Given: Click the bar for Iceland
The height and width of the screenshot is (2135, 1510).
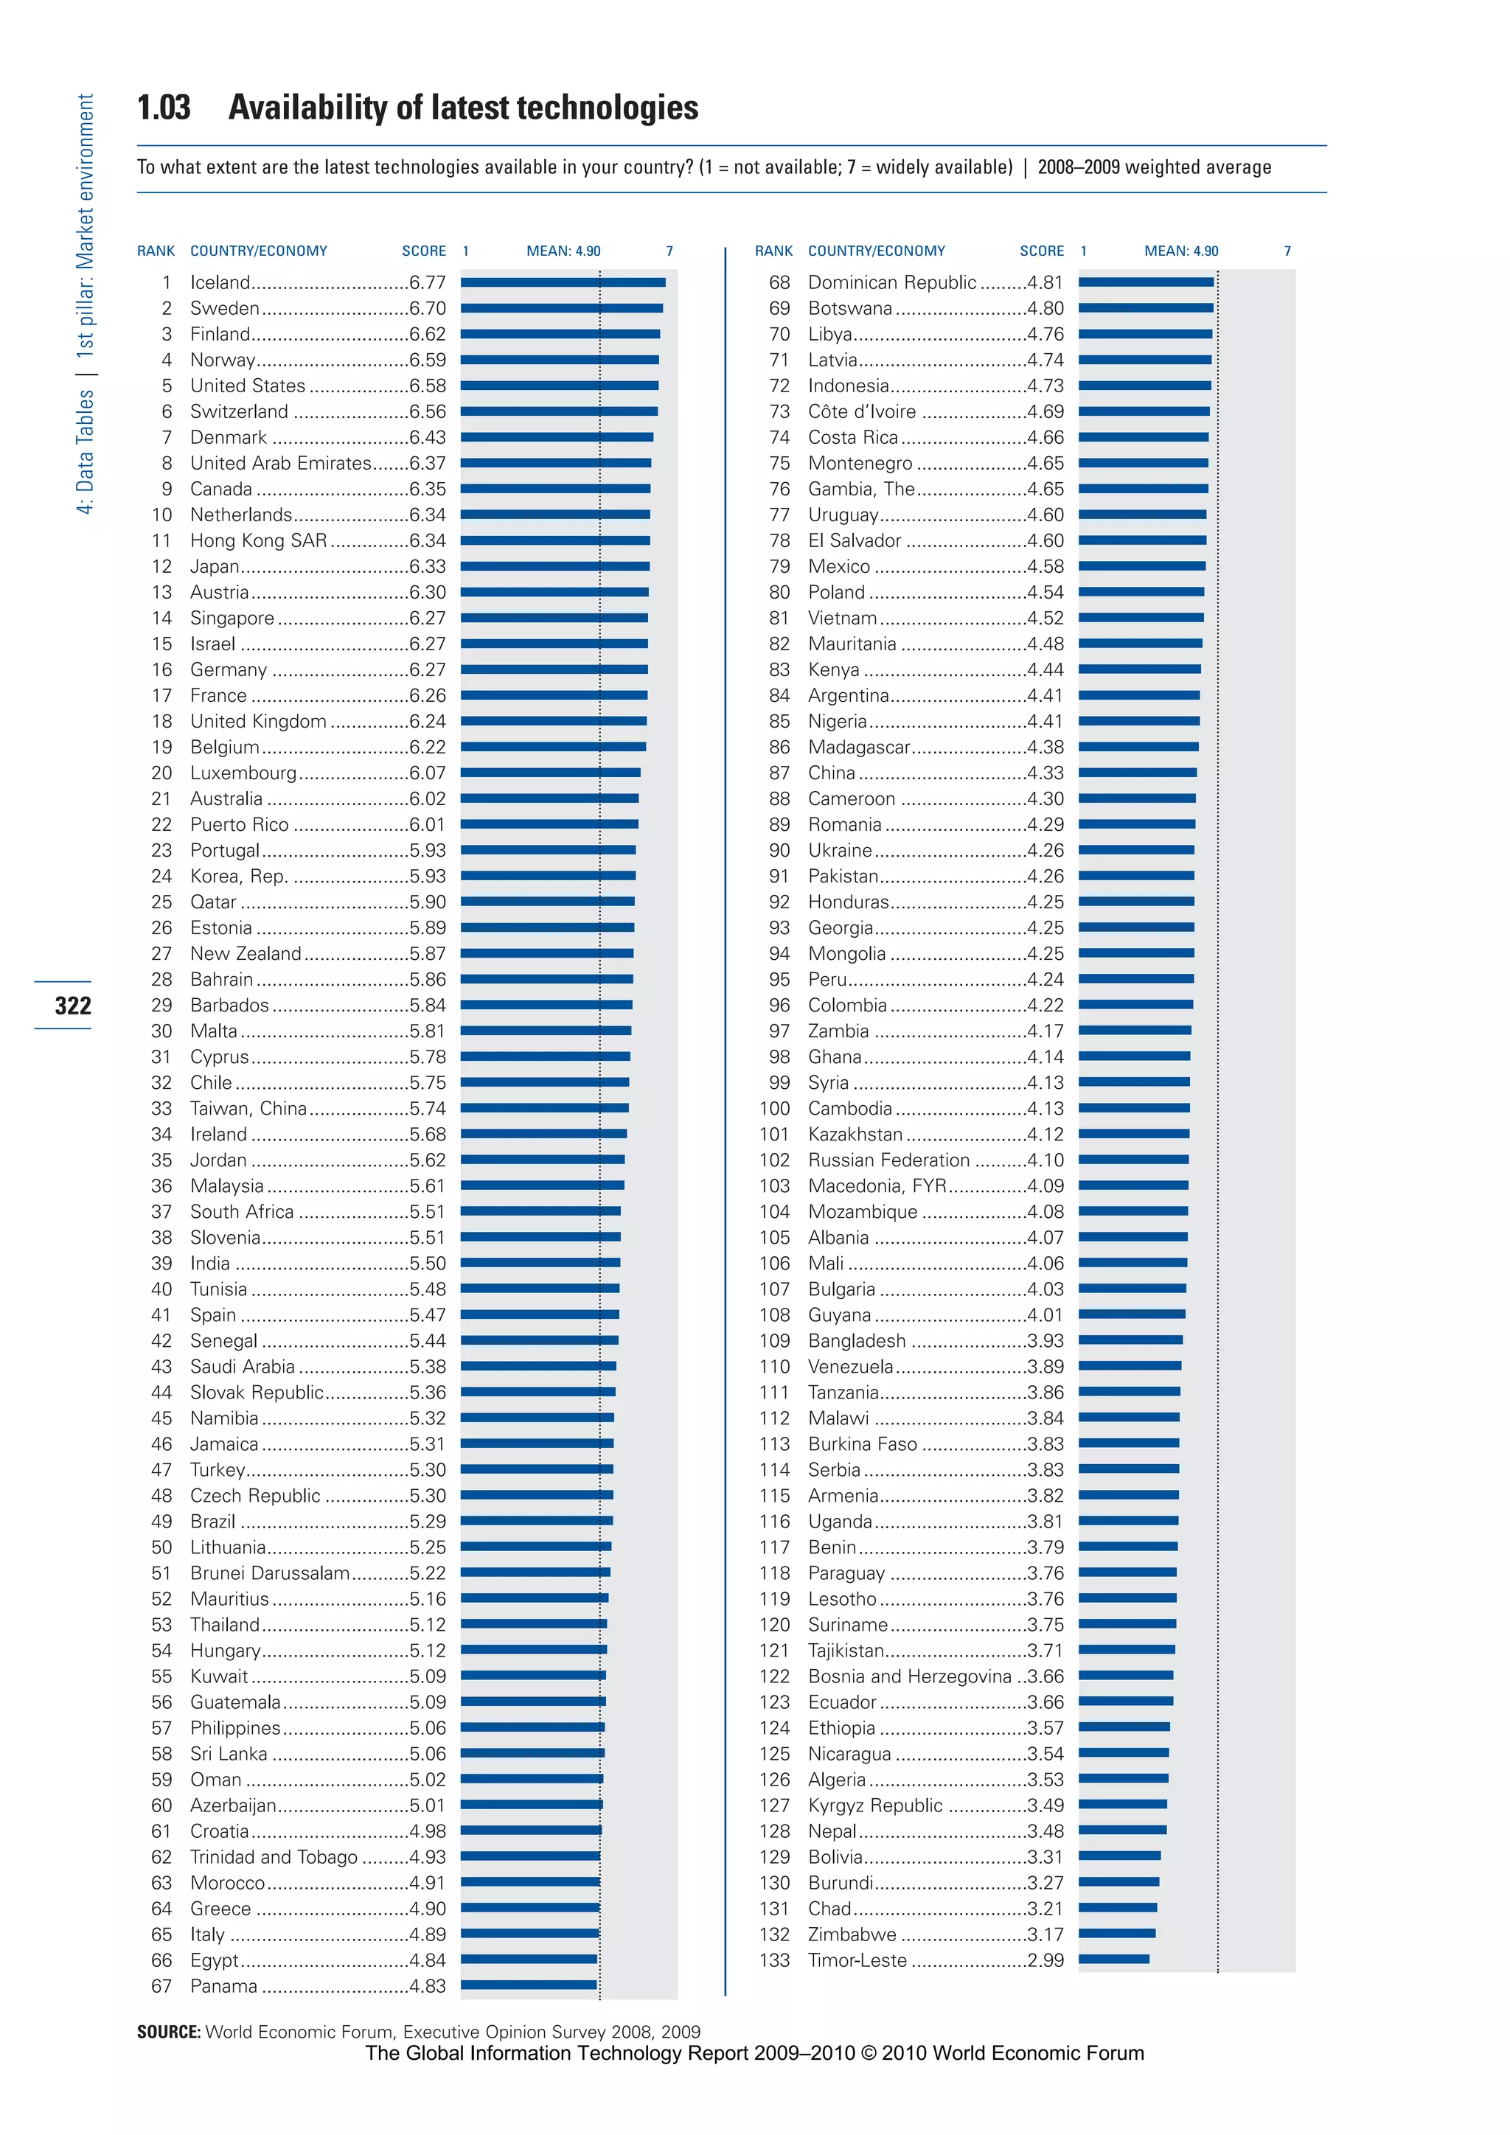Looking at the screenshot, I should (x=563, y=282).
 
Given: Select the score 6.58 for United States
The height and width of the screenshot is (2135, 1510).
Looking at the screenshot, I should (x=428, y=386).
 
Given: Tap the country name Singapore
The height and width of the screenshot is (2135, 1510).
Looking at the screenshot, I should (x=232, y=619).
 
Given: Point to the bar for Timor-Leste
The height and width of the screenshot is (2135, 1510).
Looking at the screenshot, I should (x=1113, y=1960).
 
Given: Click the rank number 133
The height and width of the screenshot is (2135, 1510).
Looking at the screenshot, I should (x=773, y=1960).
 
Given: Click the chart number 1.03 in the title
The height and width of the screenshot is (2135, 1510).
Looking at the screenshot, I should (x=164, y=108).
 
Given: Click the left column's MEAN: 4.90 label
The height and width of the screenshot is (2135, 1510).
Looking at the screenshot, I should (x=563, y=251).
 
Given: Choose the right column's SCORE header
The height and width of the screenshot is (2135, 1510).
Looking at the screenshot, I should (x=1041, y=251).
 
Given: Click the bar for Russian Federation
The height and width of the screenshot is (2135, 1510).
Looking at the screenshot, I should (x=1133, y=1160).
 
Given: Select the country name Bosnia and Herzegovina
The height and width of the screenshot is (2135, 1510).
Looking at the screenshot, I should (x=909, y=1676).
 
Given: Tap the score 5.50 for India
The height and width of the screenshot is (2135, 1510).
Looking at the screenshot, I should (x=428, y=1264).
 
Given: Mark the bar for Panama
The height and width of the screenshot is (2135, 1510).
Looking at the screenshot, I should (x=528, y=1985).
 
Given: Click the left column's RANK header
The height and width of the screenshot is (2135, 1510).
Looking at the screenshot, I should (x=156, y=251).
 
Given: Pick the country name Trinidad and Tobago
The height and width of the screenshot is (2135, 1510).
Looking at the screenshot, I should (x=274, y=1857).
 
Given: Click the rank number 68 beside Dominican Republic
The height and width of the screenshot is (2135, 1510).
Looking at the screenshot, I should (x=779, y=282).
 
